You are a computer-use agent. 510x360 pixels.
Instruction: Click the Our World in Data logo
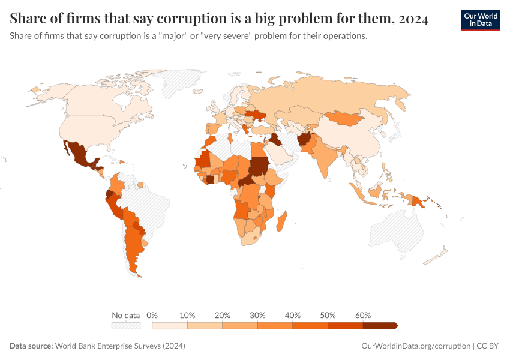tap(480, 20)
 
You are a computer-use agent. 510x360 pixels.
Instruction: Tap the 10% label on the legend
tap(188, 315)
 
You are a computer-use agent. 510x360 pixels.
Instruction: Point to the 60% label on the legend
tap(363, 315)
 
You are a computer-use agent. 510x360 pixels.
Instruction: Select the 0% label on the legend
tap(152, 315)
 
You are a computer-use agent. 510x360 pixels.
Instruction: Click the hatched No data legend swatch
tap(125, 325)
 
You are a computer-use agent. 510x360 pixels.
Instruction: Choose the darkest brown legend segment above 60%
tap(379, 325)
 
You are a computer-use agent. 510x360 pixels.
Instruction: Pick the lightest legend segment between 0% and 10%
tap(170, 325)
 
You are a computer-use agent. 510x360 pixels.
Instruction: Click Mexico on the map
tap(81, 155)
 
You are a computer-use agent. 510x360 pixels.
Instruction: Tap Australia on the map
tap(393, 231)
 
